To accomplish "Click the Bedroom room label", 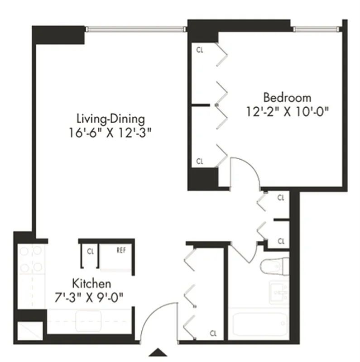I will pos(287,97).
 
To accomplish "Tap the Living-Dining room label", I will pos(110,119).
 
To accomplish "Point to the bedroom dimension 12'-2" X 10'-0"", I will pos(287,111).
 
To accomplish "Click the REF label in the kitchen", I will pos(121,250).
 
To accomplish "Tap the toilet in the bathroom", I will pos(275,267).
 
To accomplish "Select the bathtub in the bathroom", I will pos(259,324).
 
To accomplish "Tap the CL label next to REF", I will pos(90,250).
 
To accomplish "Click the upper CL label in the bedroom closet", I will pos(200,50).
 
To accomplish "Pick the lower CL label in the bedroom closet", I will pos(200,161).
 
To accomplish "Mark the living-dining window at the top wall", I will pos(136,29).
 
